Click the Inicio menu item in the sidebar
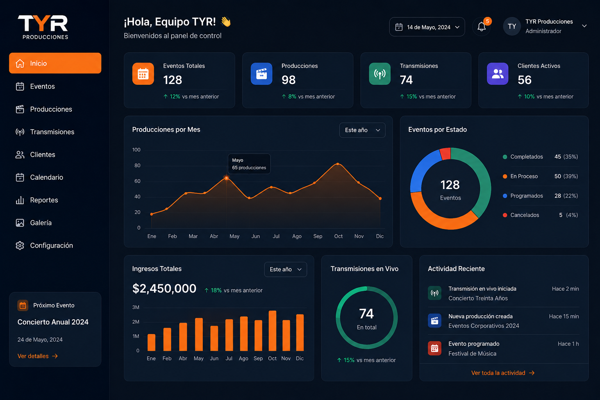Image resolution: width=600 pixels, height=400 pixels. point(55,63)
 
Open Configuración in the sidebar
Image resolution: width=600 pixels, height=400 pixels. point(44,245)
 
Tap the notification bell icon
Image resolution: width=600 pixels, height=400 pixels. point(481,27)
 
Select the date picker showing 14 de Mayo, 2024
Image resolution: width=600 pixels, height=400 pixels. point(427,27)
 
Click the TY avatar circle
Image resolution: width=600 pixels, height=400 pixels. point(512,26)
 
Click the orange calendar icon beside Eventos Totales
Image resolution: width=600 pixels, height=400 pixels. point(143,74)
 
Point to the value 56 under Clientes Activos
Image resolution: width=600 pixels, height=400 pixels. point(525,80)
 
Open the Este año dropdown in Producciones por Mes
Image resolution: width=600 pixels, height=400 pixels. point(362,130)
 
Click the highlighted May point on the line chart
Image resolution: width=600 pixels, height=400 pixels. point(227,178)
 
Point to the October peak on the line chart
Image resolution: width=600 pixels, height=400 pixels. point(338,164)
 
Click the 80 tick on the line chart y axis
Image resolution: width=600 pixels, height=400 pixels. point(137,166)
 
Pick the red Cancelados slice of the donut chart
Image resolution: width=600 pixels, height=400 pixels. point(445,154)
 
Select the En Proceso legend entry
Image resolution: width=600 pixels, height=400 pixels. point(540,176)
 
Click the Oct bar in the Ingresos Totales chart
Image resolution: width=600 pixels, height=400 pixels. point(272,330)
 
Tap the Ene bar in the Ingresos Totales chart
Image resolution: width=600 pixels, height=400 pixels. point(151,343)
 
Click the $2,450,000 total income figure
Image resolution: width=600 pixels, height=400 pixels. point(164,289)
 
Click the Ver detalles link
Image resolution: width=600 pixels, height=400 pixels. point(37,356)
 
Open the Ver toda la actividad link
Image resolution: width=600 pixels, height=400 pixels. point(503,373)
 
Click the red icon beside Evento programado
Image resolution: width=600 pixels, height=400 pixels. point(434,348)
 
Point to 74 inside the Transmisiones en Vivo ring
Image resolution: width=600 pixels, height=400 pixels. point(366,313)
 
